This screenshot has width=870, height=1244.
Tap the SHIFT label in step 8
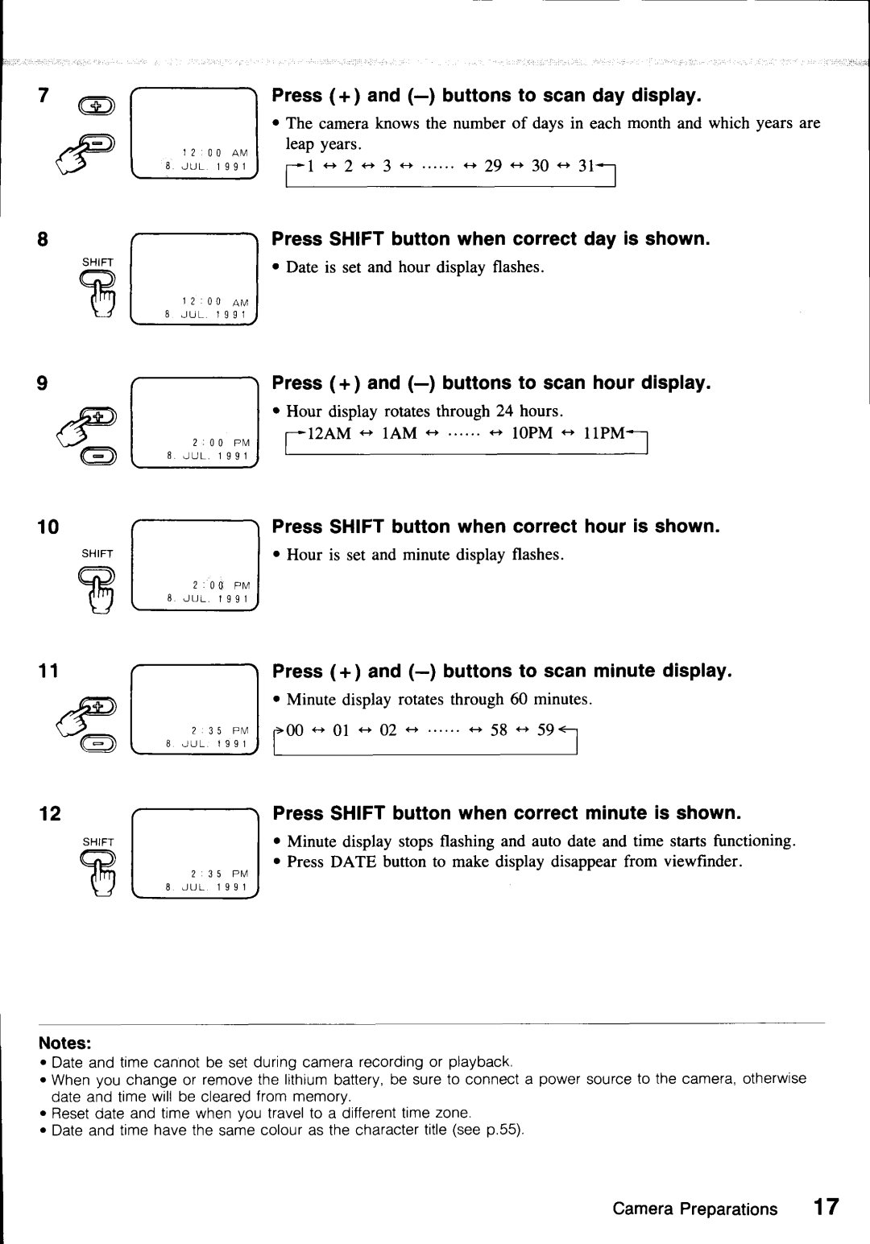click(100, 262)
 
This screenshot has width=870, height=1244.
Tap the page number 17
click(826, 1209)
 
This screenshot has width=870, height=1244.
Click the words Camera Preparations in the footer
click(695, 1209)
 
